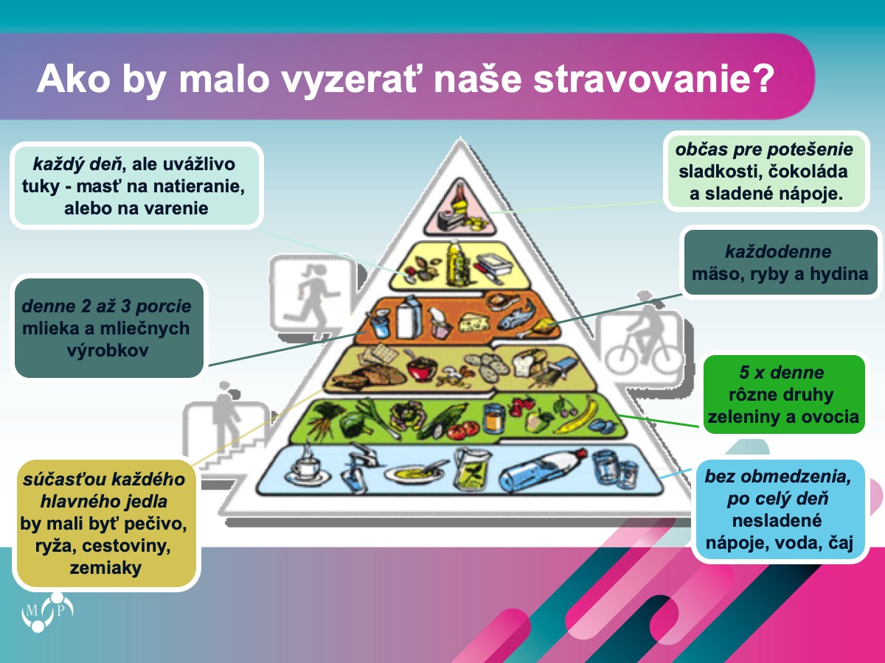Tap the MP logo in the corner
pyautogui.click(x=47, y=612)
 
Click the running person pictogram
pyautogui.click(x=313, y=298)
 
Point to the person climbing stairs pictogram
pyautogui.click(x=226, y=427)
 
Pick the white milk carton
pyautogui.click(x=409, y=316)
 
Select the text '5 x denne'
pyautogui.click(x=782, y=372)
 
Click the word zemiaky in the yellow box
pyautogui.click(x=105, y=568)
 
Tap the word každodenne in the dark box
pyautogui.click(x=778, y=252)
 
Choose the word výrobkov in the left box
pyautogui.click(x=107, y=350)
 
